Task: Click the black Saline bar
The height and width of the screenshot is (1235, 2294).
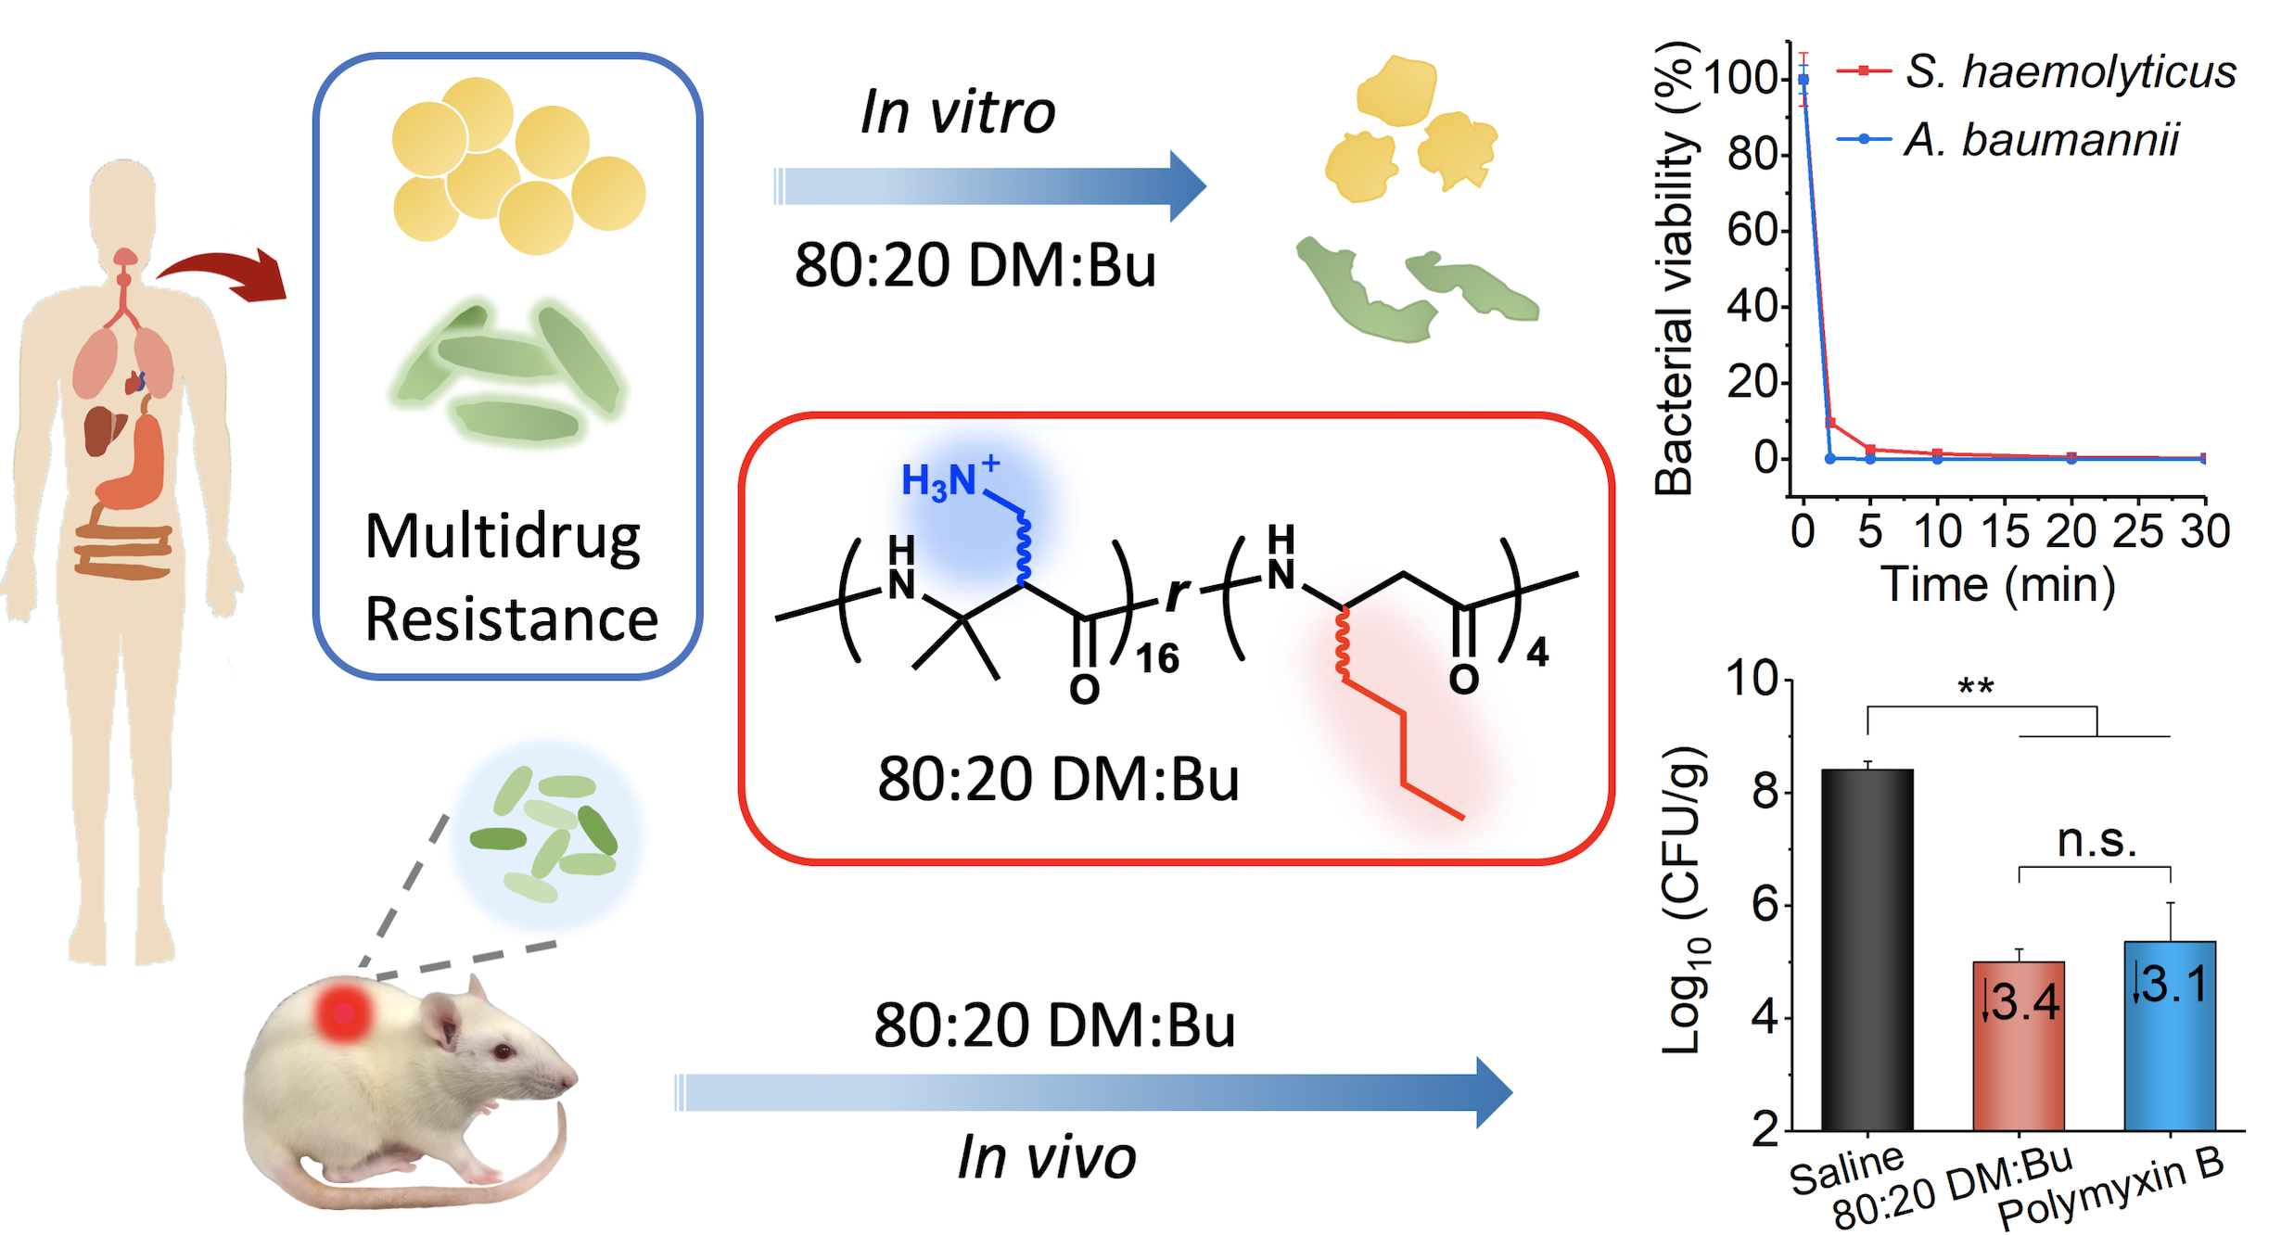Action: click(x=1867, y=949)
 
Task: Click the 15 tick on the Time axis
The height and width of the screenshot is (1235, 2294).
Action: click(x=2004, y=531)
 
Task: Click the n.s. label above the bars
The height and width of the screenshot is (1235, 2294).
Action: click(x=2096, y=841)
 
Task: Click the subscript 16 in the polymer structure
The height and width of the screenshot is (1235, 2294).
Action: click(x=1157, y=659)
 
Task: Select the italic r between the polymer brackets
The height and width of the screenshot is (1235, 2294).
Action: click(x=1177, y=593)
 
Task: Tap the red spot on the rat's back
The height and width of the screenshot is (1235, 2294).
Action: click(x=343, y=1012)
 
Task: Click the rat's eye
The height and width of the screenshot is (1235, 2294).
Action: click(x=503, y=1051)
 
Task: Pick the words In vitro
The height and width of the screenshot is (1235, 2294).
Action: click(x=958, y=112)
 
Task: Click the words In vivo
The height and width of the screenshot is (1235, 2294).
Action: click(x=1046, y=1158)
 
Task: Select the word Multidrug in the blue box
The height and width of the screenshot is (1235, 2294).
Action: click(x=503, y=538)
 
